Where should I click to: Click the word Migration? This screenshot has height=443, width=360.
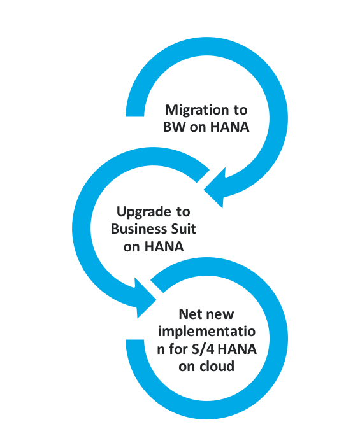tap(197, 111)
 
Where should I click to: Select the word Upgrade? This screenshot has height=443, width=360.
tap(143, 212)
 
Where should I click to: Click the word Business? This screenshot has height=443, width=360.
tap(135, 229)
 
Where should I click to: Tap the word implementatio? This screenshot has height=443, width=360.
tap(206, 332)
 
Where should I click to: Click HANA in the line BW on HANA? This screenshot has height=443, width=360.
tap(229, 127)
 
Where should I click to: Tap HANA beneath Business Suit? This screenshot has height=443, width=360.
tap(164, 246)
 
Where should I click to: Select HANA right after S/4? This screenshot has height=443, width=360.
tap(237, 349)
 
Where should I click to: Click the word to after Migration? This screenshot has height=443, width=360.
tap(240, 110)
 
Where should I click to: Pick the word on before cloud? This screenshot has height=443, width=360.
tap(187, 367)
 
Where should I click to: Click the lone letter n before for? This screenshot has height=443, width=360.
tap(161, 350)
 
